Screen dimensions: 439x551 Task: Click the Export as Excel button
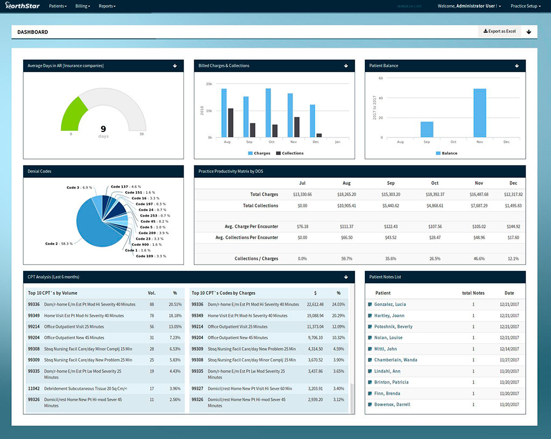tap(499, 31)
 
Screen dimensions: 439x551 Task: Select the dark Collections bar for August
tap(231, 123)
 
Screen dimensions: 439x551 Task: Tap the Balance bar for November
tap(480, 113)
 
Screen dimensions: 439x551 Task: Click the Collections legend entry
tap(290, 154)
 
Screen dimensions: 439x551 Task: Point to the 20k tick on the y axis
tap(209, 84)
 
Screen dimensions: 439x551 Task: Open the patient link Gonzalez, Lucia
tap(390, 305)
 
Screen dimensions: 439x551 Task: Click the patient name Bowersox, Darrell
tap(392, 405)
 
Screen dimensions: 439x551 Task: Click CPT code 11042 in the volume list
tap(33, 388)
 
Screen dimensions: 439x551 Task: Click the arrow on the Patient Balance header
tap(517, 66)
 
